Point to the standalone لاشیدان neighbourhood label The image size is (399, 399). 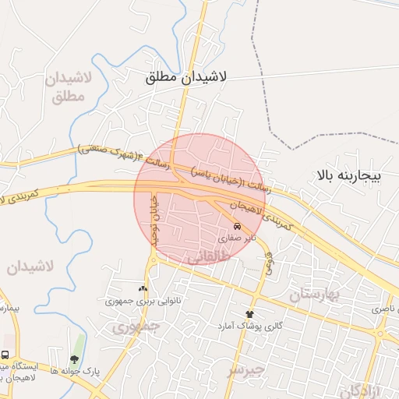32,267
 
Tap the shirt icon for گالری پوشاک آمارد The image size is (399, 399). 249,312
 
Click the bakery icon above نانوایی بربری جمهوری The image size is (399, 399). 142,288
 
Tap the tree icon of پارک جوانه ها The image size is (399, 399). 74,359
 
